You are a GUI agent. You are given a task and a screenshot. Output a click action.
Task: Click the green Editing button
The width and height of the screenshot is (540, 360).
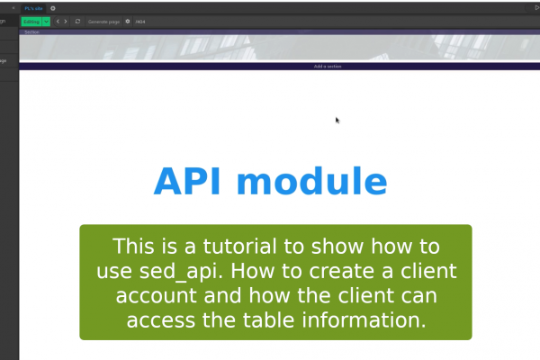[x=31, y=21]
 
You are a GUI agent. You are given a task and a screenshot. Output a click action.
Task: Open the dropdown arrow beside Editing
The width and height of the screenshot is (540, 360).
[x=46, y=21]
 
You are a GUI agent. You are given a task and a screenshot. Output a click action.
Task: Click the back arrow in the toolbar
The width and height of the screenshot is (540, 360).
[x=57, y=21]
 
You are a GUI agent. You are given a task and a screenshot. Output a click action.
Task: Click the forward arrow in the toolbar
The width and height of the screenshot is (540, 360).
[x=65, y=21]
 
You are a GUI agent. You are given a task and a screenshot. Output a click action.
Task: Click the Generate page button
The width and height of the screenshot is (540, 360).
[x=103, y=21]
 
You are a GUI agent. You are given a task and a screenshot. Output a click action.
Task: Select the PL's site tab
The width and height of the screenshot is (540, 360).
[x=34, y=7]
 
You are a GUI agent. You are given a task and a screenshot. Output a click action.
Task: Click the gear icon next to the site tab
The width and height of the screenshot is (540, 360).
[x=53, y=7]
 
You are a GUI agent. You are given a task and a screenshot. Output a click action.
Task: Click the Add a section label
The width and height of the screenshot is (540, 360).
[x=328, y=67]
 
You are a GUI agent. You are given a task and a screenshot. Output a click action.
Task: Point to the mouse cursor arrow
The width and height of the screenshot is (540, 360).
[x=337, y=120]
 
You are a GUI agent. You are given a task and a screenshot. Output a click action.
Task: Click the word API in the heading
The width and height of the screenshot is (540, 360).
[x=189, y=181]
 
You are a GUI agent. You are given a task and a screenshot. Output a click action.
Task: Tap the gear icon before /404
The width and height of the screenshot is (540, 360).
[x=128, y=21]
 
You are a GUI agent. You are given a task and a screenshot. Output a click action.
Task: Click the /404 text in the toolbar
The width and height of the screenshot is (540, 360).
[x=140, y=21]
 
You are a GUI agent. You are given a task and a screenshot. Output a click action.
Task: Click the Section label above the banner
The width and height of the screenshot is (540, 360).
[x=31, y=32]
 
